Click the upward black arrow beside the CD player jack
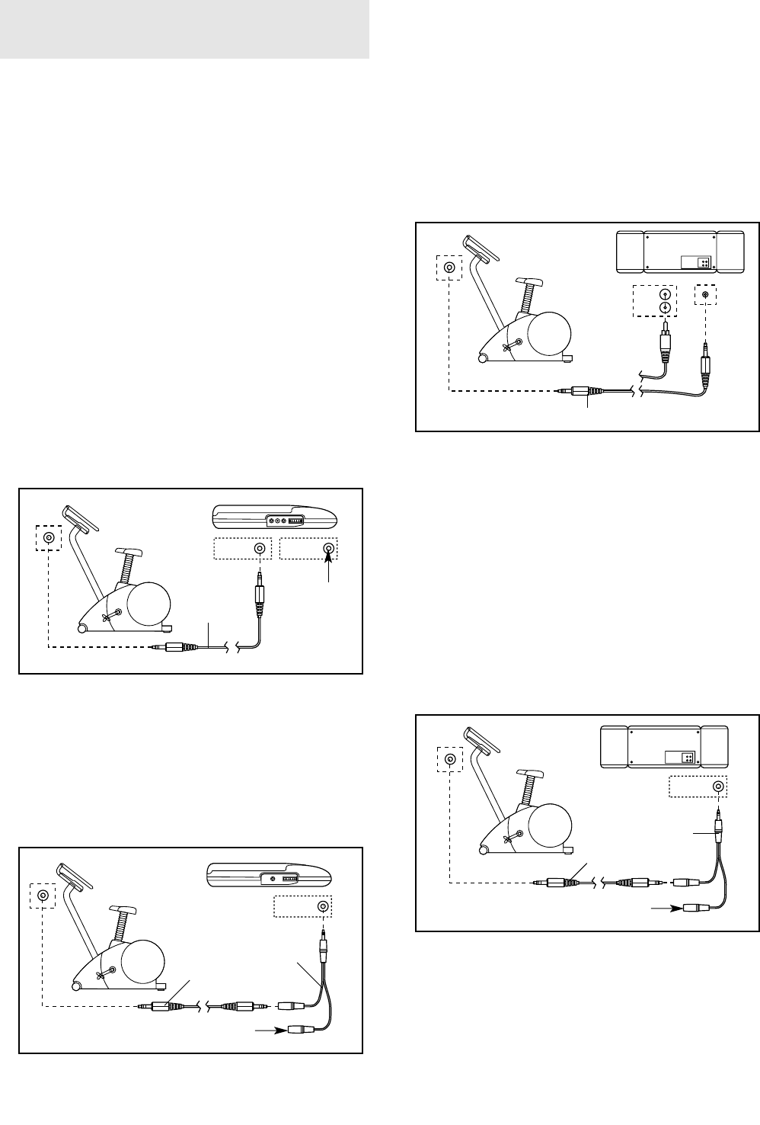click(329, 565)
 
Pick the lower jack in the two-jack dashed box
click(666, 308)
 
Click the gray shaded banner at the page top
click(184, 30)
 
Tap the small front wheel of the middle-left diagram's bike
click(81, 629)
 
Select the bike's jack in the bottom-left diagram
click(44, 896)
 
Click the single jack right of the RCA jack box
click(705, 295)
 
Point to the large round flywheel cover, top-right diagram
click(546, 332)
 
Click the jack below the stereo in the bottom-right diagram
click(717, 787)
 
